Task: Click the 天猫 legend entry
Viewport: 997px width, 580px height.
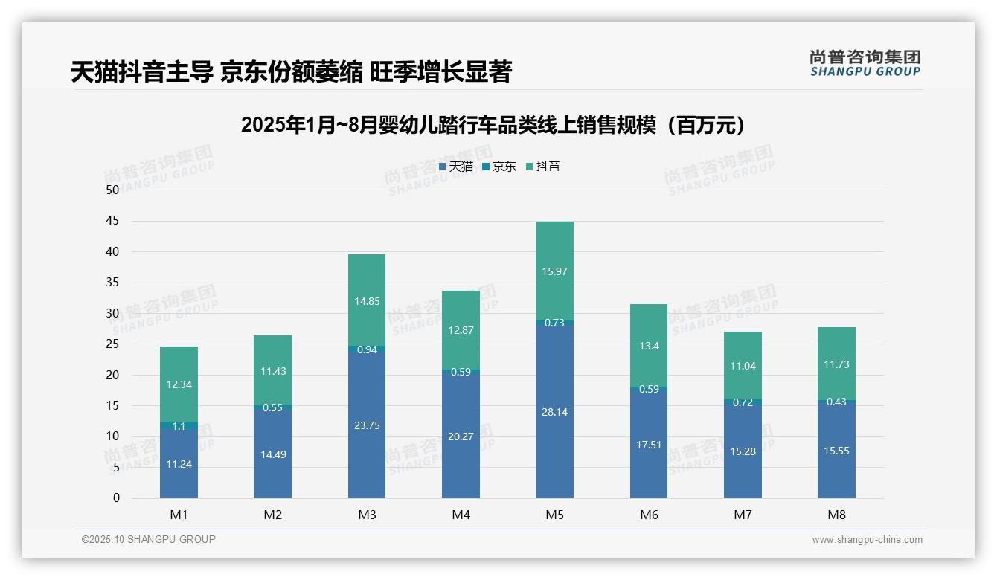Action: (456, 166)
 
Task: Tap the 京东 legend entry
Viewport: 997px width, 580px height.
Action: (499, 166)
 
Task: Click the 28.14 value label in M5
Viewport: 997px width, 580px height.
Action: (554, 412)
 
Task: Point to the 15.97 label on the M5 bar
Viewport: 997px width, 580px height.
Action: (554, 271)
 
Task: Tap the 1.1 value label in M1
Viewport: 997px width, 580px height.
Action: (179, 426)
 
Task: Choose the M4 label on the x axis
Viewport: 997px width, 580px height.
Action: (461, 515)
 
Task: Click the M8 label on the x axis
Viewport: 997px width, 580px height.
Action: (836, 515)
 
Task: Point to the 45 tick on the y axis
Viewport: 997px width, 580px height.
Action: (112, 221)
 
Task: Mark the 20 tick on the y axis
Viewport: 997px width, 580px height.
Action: (112, 375)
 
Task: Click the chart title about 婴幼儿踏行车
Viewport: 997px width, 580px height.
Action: (493, 125)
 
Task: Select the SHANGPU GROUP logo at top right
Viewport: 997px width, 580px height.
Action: (865, 62)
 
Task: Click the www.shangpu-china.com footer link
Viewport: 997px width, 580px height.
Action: (867, 540)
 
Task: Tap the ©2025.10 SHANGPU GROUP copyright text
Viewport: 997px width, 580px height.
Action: (149, 539)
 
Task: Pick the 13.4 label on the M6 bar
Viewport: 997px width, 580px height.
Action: (649, 346)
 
